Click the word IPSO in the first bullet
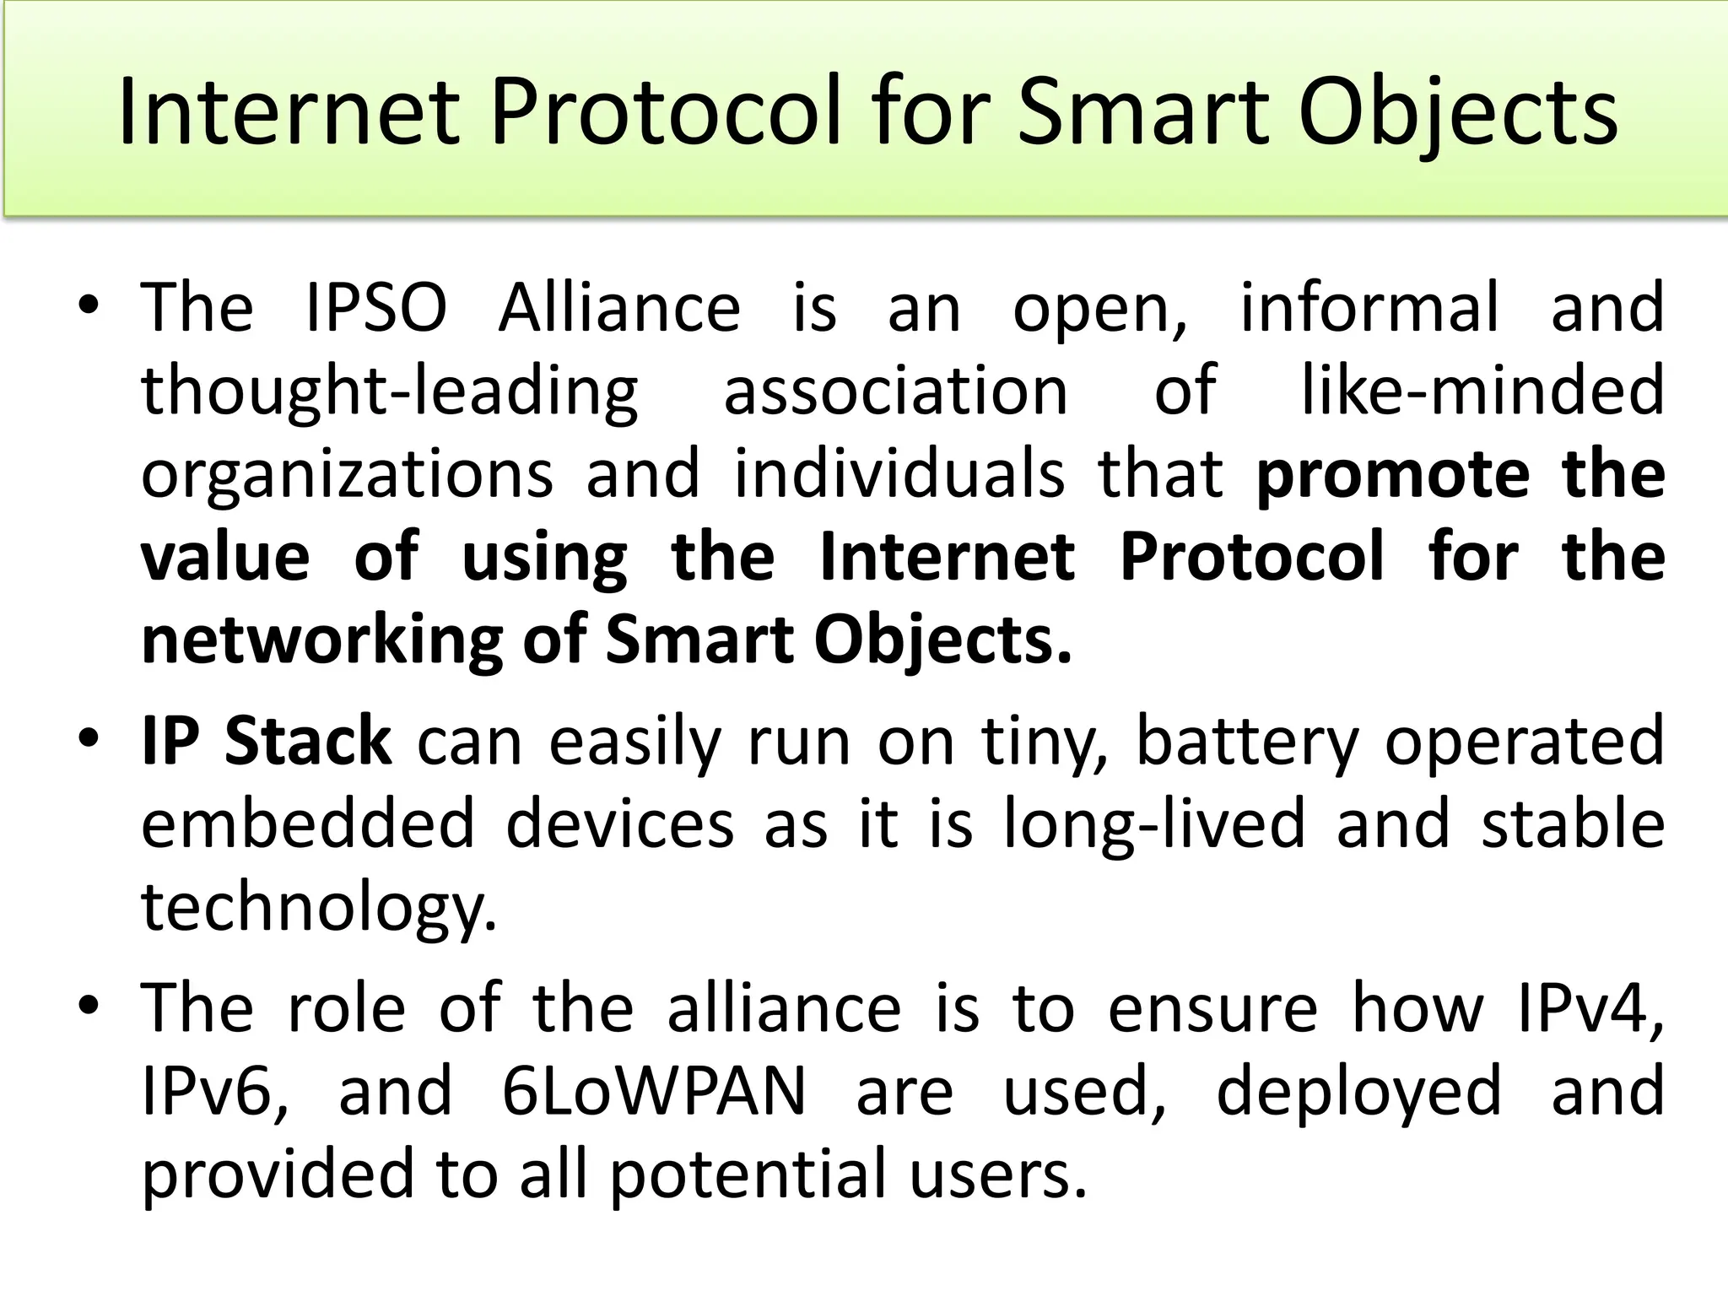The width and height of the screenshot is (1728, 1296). pos(375,308)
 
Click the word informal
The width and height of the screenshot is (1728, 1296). pos(1369,308)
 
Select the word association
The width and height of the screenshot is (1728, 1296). pos(896,391)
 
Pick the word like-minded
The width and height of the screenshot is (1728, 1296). pos(1482,391)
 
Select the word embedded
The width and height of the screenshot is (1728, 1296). pos(308,823)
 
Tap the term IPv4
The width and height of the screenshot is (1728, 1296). pos(1590,1008)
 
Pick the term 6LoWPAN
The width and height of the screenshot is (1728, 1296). pos(654,1092)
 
